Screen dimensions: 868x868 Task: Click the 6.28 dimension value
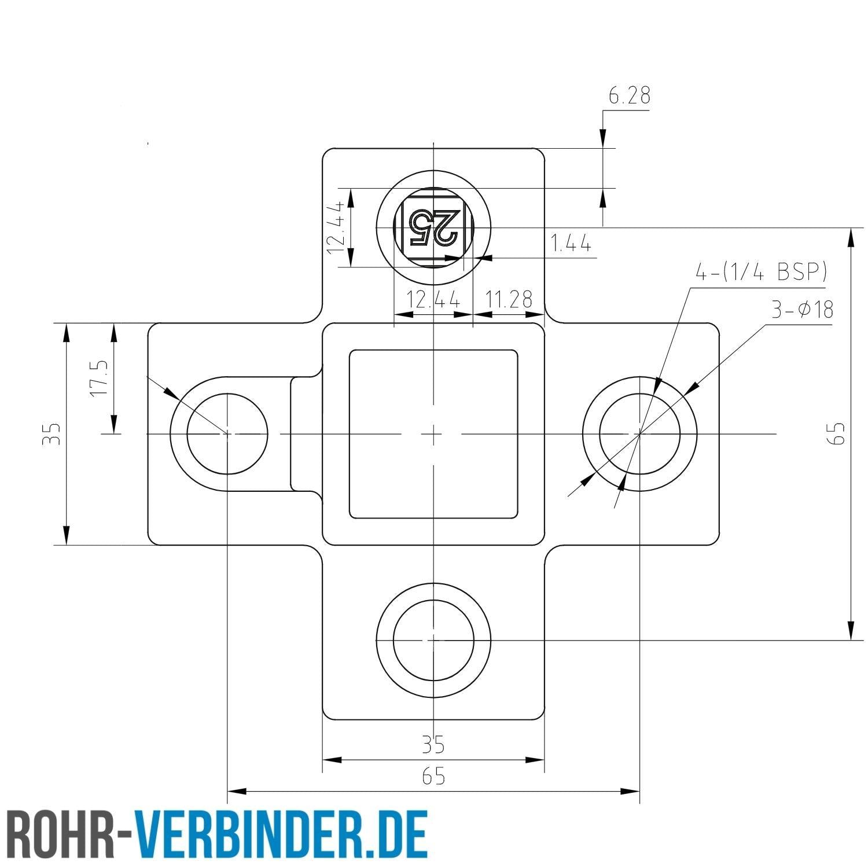click(x=629, y=95)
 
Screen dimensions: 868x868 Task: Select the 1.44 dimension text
click(x=571, y=244)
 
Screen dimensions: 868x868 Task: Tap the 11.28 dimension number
click(x=509, y=299)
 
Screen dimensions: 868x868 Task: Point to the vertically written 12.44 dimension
click(x=336, y=227)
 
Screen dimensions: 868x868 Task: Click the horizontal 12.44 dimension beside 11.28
click(x=433, y=300)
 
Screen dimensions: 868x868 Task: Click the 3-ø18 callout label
click(x=802, y=310)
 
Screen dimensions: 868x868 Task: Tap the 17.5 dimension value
click(x=99, y=378)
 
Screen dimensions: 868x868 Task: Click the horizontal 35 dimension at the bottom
click(x=433, y=744)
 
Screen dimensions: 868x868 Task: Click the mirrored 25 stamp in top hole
click(x=433, y=227)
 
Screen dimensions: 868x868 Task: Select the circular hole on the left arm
click(x=227, y=433)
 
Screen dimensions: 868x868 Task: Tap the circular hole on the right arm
click(x=639, y=433)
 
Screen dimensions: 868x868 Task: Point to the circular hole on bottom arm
click(x=433, y=640)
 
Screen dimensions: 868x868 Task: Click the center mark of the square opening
click(x=433, y=433)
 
